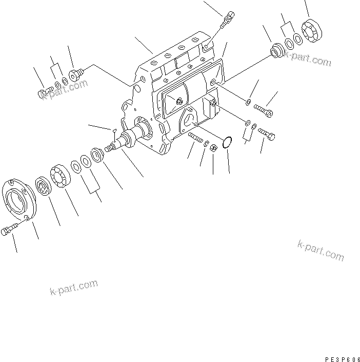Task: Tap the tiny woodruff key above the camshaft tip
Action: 115,130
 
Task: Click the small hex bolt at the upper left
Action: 44,93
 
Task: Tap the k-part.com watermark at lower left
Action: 67,289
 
